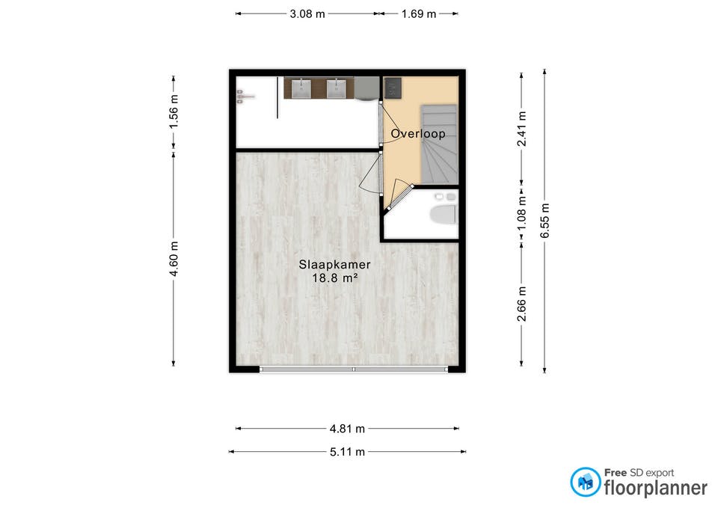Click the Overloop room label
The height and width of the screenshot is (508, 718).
click(x=418, y=134)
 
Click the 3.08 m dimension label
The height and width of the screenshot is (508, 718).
click(x=306, y=13)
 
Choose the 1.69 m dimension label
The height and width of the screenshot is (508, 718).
click(x=418, y=13)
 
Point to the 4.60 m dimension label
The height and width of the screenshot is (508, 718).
click(x=174, y=259)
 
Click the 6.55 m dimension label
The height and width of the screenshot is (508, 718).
click(x=545, y=221)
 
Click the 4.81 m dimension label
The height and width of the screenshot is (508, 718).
click(x=347, y=429)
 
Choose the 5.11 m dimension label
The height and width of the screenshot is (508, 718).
click(x=347, y=452)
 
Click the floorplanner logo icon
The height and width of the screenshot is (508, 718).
click(x=585, y=482)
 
